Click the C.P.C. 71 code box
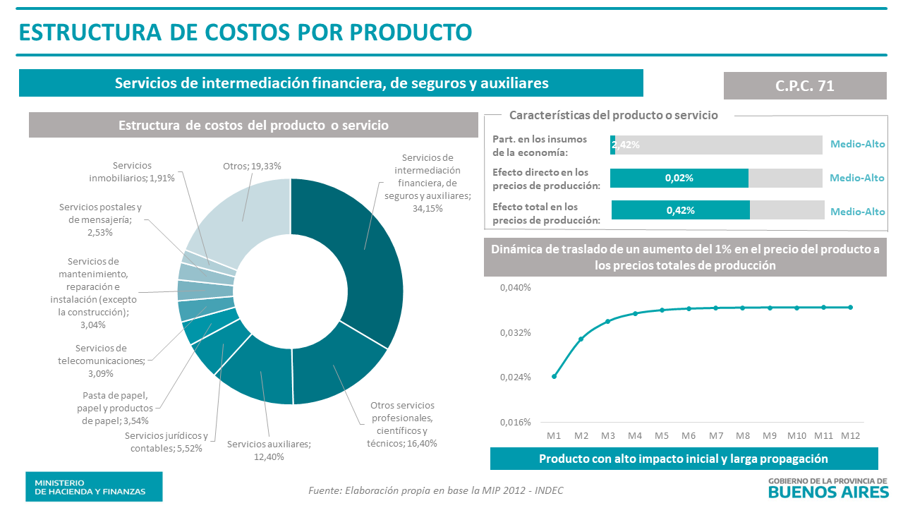coord(805,86)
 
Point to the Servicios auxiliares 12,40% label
coord(269,450)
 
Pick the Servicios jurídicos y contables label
coord(166,442)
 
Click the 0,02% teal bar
coord(679,179)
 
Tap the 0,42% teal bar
coord(680,210)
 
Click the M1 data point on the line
coord(554,376)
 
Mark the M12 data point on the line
coord(851,307)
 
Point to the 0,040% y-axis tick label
coord(515,288)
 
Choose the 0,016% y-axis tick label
coord(515,423)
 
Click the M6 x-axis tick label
coord(689,436)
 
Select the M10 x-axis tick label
coord(797,436)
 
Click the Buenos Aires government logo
coord(827,488)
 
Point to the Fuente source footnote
coord(436,490)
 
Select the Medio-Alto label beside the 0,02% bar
coord(857,179)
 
